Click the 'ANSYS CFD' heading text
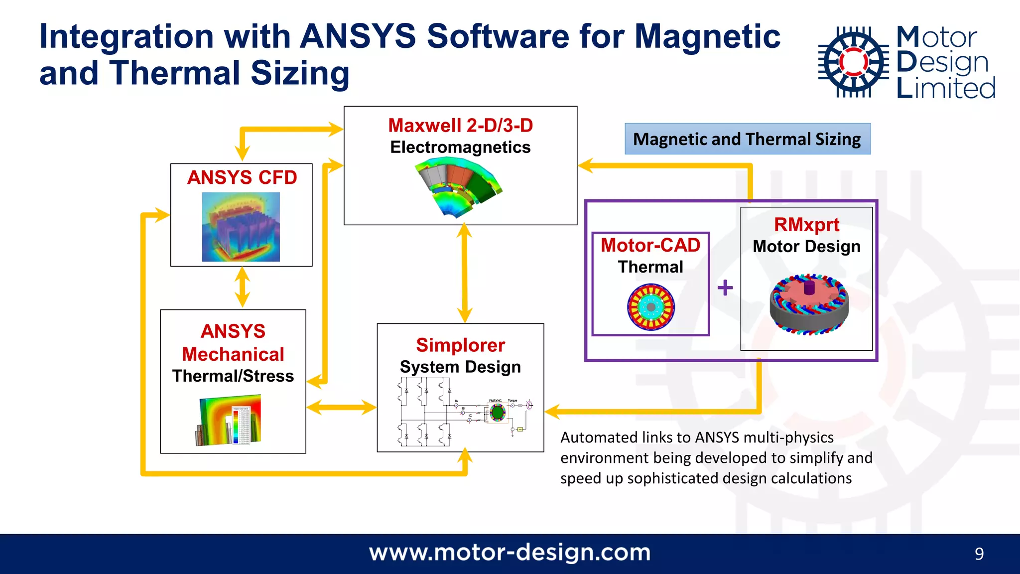242,177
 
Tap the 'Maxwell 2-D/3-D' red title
460,125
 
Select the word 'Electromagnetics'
460,147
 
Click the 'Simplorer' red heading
460,345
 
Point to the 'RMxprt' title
806,225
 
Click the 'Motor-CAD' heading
650,245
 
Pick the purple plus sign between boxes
725,287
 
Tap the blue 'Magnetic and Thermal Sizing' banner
747,139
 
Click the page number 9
979,554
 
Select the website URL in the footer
510,553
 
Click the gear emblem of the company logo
853,62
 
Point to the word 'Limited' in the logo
945,88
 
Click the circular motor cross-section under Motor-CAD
650,307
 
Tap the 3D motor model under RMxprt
808,304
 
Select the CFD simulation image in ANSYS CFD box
241,227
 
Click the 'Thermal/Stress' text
233,376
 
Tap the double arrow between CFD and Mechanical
242,287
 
